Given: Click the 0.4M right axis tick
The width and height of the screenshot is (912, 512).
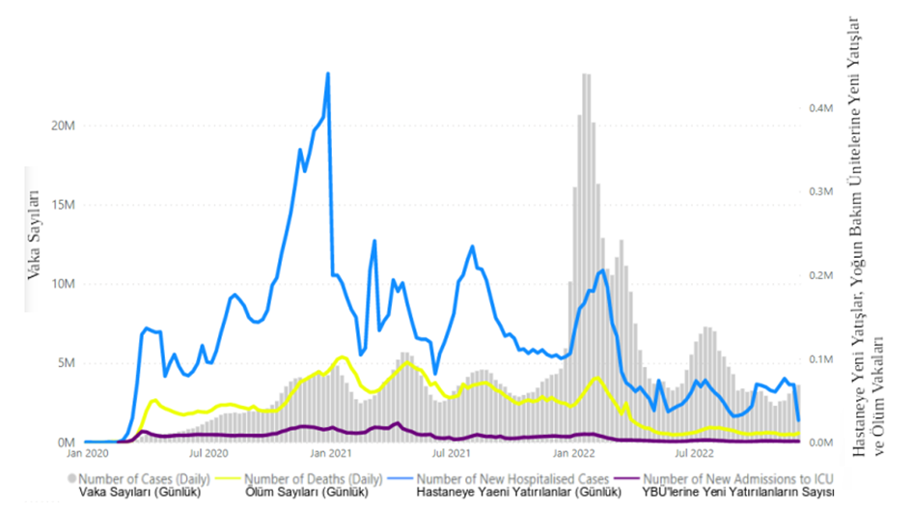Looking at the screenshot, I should pyautogui.click(x=820, y=108).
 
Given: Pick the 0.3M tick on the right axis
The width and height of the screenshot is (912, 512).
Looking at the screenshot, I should pyautogui.click(x=820, y=192).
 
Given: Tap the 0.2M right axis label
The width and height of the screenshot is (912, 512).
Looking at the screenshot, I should pyautogui.click(x=820, y=276).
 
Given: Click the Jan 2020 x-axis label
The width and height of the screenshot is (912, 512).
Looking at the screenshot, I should pyautogui.click(x=87, y=451).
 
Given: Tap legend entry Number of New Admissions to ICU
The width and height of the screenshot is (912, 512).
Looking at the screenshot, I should pyautogui.click(x=736, y=478).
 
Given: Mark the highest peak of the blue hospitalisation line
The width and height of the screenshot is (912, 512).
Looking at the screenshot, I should pyautogui.click(x=328, y=73).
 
